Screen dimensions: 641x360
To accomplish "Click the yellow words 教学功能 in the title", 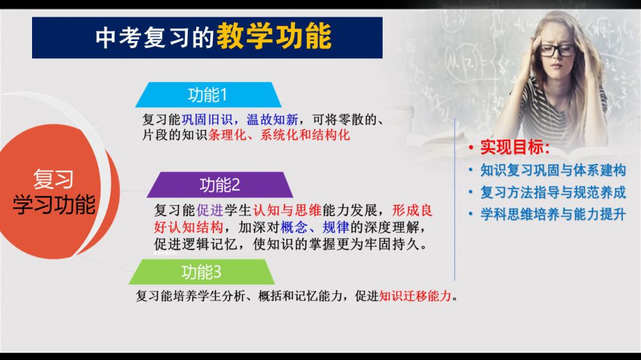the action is (x=274, y=37).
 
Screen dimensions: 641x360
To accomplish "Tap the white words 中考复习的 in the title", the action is (x=155, y=38).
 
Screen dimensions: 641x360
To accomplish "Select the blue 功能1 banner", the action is (x=208, y=95).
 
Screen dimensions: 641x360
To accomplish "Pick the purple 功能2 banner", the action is (x=220, y=185).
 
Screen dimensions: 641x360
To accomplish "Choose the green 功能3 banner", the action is (x=201, y=272).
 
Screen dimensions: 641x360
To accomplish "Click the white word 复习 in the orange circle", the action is (x=53, y=179).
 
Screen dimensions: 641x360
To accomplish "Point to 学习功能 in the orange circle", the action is (x=54, y=204).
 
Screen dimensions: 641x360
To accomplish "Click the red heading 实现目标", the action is (x=514, y=147).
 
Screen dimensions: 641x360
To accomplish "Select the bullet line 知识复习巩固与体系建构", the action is (x=553, y=170).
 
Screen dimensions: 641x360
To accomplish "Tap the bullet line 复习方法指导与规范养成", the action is (x=553, y=192).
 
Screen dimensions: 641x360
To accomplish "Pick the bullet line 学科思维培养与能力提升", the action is (x=553, y=214).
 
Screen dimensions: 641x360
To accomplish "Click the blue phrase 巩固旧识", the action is (x=207, y=119).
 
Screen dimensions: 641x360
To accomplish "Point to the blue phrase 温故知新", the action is (x=272, y=119).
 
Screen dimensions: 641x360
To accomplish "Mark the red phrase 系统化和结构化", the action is (x=305, y=135).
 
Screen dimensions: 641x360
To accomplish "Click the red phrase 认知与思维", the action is (x=287, y=210).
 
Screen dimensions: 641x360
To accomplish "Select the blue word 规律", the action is (x=336, y=227).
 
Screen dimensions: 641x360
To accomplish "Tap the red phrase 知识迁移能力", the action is (x=415, y=296).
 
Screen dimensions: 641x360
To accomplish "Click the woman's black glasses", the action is (x=557, y=51).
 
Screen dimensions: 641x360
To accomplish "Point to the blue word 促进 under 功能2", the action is (x=210, y=210).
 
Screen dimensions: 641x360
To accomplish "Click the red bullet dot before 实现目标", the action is (x=471, y=147).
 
